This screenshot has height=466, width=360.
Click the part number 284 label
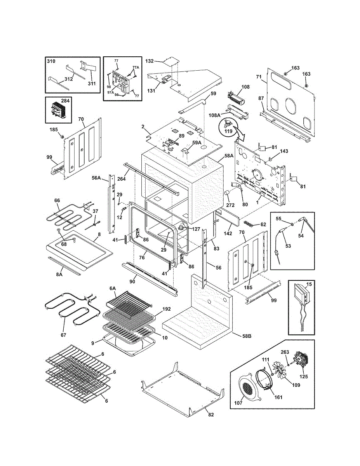click(65, 101)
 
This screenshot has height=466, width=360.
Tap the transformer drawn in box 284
click(58, 110)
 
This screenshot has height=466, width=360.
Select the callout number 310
click(51, 61)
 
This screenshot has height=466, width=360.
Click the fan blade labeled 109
click(281, 373)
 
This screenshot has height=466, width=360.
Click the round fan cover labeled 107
click(250, 387)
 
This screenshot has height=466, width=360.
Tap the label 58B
click(247, 336)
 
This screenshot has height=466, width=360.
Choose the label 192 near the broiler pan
click(167, 309)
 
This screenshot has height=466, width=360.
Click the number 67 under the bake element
click(63, 335)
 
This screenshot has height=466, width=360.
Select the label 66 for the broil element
click(57, 200)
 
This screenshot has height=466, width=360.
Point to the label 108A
click(215, 115)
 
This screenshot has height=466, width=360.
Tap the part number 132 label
click(150, 61)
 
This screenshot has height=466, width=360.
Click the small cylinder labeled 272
click(227, 192)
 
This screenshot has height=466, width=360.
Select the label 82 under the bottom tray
click(211, 421)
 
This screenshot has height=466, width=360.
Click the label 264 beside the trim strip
click(122, 178)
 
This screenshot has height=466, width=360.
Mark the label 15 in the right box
click(309, 284)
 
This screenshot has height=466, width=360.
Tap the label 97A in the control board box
click(111, 92)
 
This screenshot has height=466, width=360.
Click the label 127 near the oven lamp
click(196, 229)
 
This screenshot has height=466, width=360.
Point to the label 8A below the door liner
click(59, 274)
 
